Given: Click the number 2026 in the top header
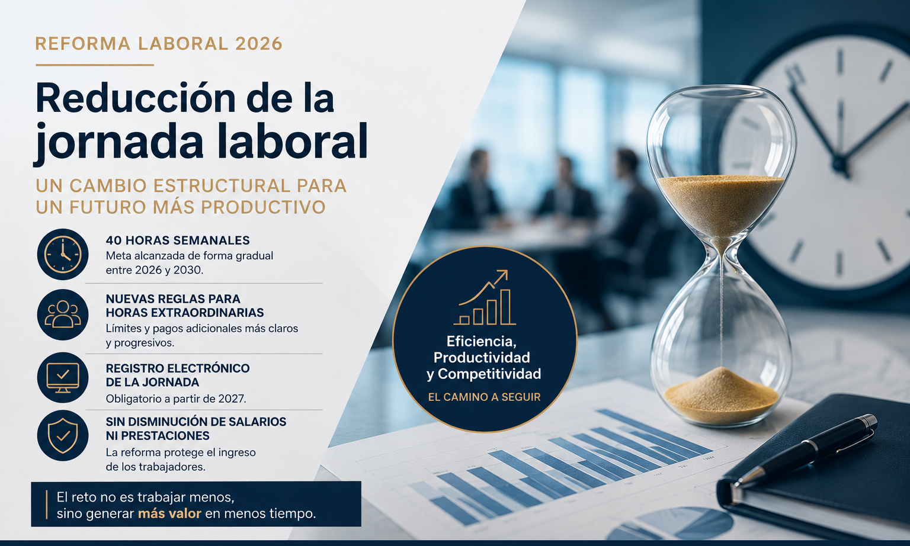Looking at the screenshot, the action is coord(258,44).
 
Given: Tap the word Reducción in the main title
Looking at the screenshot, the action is coord(136,99).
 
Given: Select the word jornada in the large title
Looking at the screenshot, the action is coord(118,143).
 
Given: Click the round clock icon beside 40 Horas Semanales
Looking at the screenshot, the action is coord(63,255).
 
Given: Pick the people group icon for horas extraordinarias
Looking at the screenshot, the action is coord(63,314).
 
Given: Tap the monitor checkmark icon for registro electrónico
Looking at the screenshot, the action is coord(63,378).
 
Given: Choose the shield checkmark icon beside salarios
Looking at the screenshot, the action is coord(63,436).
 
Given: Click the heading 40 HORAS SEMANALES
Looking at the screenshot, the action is coord(178,240).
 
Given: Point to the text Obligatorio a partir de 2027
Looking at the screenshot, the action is coord(176,399).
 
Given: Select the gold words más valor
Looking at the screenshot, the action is coord(169,513).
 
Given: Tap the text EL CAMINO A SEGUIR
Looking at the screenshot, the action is coord(484,397).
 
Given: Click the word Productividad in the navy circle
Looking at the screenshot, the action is coord(482,358).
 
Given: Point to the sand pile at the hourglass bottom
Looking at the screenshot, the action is coord(721,395).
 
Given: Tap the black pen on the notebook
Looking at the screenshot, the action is coord(805,450).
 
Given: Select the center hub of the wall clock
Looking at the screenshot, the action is coord(840,163).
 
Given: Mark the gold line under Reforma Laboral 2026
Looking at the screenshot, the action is coord(95,65).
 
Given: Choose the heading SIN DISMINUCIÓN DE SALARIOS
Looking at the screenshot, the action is coord(196,422).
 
